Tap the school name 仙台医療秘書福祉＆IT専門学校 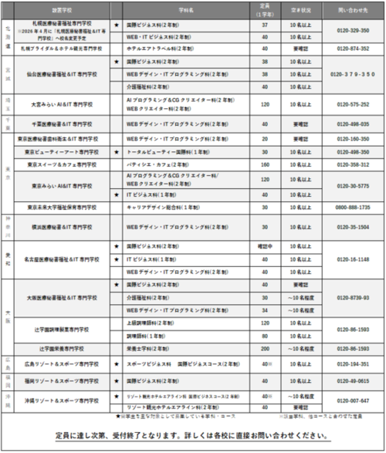point(63,74)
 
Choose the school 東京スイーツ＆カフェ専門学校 point(63,164)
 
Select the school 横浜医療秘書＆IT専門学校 point(63,228)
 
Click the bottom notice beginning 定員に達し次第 point(193,436)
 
